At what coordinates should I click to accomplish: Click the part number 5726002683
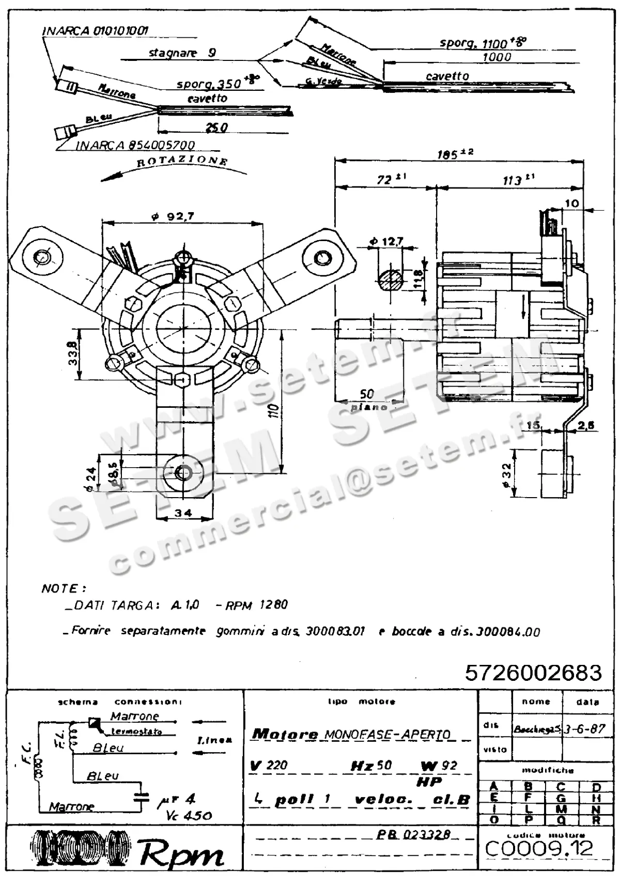coord(533,673)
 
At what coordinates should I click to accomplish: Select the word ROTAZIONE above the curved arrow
coord(182,161)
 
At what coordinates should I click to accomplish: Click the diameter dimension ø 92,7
coord(173,217)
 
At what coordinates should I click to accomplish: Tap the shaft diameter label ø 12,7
coord(386,241)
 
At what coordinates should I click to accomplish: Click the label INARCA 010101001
coord(95,30)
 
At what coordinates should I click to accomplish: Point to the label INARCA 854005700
coord(135,146)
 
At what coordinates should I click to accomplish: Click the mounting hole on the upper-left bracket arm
coord(41,256)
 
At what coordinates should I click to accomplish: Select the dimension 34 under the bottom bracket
coord(183,513)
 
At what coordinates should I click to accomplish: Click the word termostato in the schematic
coord(136,731)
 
